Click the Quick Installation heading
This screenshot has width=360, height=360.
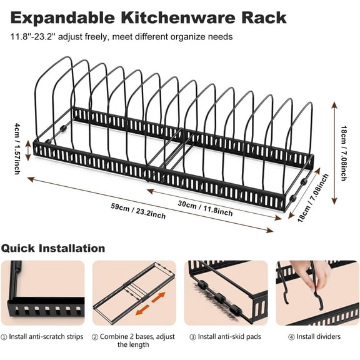[x=53, y=248]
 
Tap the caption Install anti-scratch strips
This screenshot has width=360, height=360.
[x=46, y=337]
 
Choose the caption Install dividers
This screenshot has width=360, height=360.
[x=316, y=337]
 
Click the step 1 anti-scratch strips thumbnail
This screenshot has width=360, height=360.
[x=42, y=292]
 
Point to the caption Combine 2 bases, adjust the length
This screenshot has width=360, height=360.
[x=134, y=341]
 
